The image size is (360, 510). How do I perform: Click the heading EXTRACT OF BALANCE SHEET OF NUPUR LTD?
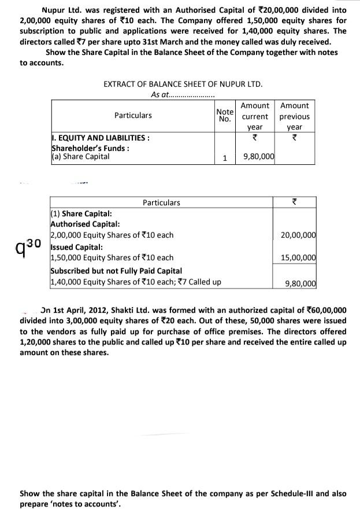tap(183, 84)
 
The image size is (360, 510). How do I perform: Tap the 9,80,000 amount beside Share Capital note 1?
tap(258, 156)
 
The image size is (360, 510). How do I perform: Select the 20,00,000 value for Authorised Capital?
tap(298, 235)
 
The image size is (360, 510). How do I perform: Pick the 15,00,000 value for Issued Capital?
tap(298, 257)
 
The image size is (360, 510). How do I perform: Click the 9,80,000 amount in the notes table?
tap(301, 283)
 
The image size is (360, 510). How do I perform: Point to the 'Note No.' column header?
tap(224, 116)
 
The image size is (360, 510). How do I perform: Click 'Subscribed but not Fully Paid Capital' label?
tap(116, 271)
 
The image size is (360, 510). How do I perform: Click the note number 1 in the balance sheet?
tap(224, 157)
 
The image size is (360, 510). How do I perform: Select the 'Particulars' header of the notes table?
tap(161, 202)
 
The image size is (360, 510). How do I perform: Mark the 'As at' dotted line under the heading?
tap(183, 95)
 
